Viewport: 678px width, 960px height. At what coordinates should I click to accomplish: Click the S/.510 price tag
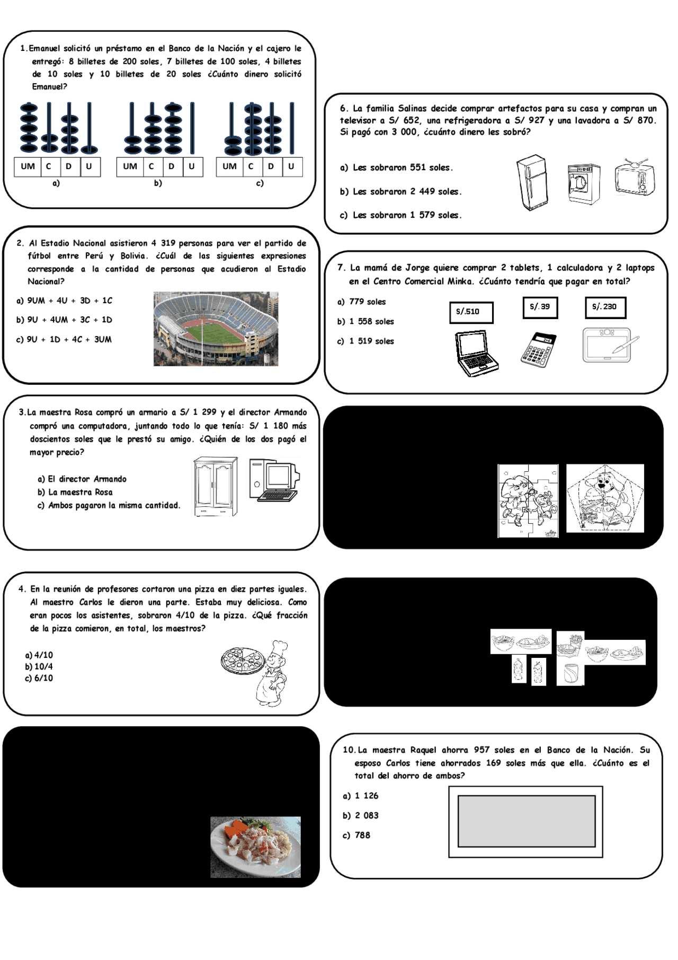(471, 312)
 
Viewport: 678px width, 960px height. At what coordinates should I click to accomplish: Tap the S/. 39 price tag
(540, 307)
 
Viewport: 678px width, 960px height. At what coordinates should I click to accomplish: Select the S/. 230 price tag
(605, 307)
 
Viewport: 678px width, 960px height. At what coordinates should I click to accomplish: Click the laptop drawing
(476, 353)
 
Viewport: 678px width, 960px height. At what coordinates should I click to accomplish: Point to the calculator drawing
(538, 349)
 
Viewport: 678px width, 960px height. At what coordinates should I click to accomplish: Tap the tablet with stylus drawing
(609, 345)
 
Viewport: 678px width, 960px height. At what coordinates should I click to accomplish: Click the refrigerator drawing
(532, 182)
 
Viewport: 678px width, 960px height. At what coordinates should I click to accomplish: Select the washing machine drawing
(583, 183)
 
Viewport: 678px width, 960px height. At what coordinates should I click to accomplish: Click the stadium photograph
(216, 329)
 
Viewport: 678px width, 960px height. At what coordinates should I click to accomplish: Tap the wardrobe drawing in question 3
(216, 486)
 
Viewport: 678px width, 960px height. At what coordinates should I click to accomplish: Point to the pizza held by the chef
(242, 661)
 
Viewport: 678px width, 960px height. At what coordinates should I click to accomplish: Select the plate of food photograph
(255, 847)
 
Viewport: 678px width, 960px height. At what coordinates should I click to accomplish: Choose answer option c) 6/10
(39, 678)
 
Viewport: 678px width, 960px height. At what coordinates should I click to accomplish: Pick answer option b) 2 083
(361, 815)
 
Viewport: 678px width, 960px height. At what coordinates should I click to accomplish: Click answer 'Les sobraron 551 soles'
(397, 168)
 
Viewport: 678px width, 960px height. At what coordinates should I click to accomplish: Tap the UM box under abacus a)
(28, 166)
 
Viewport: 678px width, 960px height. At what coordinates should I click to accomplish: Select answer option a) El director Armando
(82, 479)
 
